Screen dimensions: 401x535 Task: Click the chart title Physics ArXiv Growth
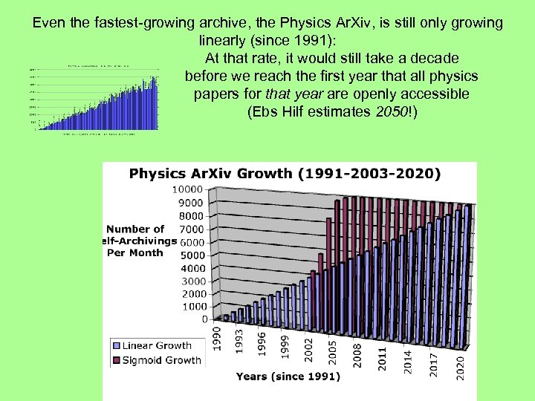285,175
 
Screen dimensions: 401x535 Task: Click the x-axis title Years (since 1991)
288,376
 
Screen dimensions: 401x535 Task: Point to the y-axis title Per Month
136,252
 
